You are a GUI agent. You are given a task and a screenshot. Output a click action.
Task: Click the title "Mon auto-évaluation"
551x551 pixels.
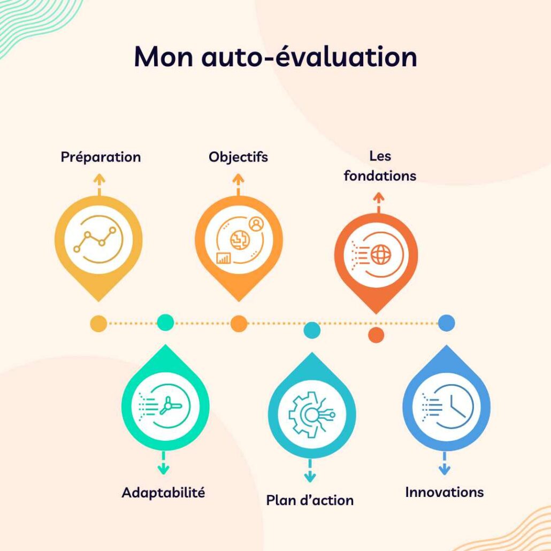tap(275, 57)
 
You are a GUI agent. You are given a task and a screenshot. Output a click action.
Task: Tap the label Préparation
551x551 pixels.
tap(101, 157)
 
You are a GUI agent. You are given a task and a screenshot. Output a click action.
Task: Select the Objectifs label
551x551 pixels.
tap(238, 157)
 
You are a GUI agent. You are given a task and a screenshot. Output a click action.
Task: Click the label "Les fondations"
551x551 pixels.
tap(379, 166)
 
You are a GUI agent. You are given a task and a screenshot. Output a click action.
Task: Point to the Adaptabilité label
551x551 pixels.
tap(163, 492)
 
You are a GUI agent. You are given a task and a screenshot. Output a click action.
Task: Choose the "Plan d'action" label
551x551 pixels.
tap(310, 500)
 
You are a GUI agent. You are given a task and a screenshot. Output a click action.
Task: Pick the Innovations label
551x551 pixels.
tap(444, 492)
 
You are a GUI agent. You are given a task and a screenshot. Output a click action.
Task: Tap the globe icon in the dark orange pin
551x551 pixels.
tap(380, 255)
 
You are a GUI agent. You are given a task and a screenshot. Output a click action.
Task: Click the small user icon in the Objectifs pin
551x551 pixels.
tap(257, 224)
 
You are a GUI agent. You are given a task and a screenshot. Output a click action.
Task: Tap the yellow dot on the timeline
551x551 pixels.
tap(98, 323)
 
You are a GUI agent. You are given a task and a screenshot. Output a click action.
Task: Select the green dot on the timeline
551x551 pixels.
tap(165, 322)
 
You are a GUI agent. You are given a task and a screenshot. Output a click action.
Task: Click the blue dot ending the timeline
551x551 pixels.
tap(446, 323)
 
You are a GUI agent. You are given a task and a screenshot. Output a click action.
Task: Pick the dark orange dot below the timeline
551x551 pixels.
tap(377, 335)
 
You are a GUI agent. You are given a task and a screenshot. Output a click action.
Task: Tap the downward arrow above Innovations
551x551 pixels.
tap(443, 464)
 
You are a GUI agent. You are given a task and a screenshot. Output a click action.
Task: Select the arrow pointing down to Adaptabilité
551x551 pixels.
tap(164, 464)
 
